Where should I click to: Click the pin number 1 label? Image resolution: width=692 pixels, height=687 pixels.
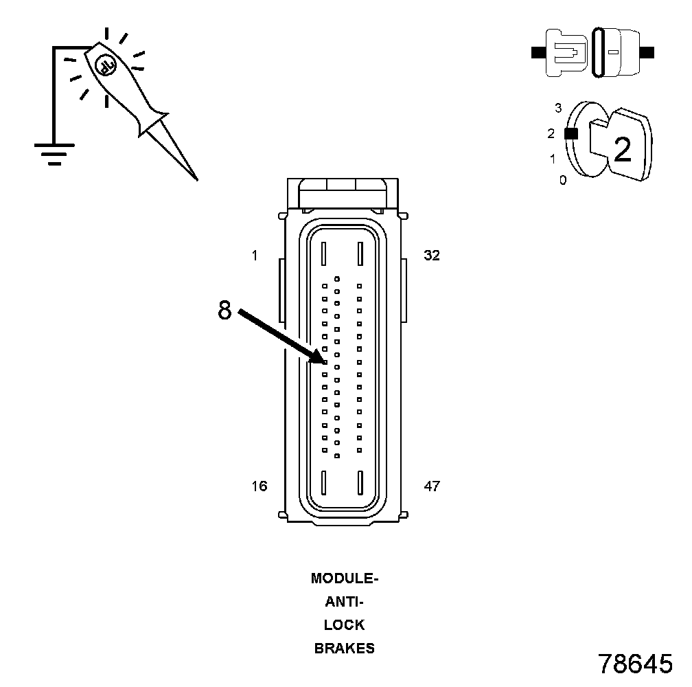point(255,256)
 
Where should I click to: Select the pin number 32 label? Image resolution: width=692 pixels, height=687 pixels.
point(432,256)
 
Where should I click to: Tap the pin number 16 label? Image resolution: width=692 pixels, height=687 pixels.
point(259,487)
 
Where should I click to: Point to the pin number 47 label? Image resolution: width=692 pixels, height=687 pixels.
point(432,487)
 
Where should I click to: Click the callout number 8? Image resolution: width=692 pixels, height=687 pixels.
point(224,311)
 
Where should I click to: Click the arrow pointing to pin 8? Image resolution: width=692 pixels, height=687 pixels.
point(281,337)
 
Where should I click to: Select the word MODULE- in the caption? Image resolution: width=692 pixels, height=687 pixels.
point(345,578)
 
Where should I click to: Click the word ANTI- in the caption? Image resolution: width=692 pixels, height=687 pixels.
point(345,602)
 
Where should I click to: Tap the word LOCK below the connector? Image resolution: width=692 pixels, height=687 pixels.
point(345,625)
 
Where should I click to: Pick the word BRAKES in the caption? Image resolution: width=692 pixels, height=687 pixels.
point(345,649)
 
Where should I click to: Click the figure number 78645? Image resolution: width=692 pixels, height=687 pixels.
point(635,664)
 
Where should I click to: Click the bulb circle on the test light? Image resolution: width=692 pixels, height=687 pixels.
point(105,65)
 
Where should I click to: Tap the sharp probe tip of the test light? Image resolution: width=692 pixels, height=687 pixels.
point(196,178)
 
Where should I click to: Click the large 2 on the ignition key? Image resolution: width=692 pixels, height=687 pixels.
point(622,150)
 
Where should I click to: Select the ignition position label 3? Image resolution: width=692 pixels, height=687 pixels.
point(558,108)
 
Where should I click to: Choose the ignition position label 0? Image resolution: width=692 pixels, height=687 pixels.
point(563,181)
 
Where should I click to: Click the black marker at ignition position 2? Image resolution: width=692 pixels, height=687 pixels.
point(570,134)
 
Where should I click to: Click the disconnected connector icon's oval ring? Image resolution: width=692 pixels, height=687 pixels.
point(598,52)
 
